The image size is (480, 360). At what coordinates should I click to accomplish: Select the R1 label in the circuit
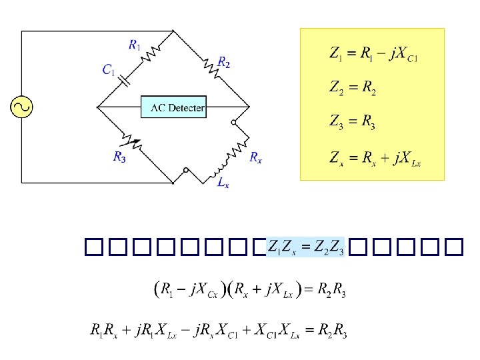pos(134,45)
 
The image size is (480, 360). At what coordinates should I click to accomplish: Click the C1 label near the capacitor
pos(108,69)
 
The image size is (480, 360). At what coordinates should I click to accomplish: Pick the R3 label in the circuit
pos(119,157)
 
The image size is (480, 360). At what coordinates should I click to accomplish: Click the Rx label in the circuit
pos(255,157)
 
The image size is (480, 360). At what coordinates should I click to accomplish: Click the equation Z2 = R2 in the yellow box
pos(353,88)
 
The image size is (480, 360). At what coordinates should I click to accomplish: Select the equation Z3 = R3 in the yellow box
pos(353,122)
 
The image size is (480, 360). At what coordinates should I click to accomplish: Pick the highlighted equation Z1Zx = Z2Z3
pos(305,249)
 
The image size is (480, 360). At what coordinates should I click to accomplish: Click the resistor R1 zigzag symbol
pos(153,53)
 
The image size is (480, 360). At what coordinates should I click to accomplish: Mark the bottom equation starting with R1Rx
pos(218,330)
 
